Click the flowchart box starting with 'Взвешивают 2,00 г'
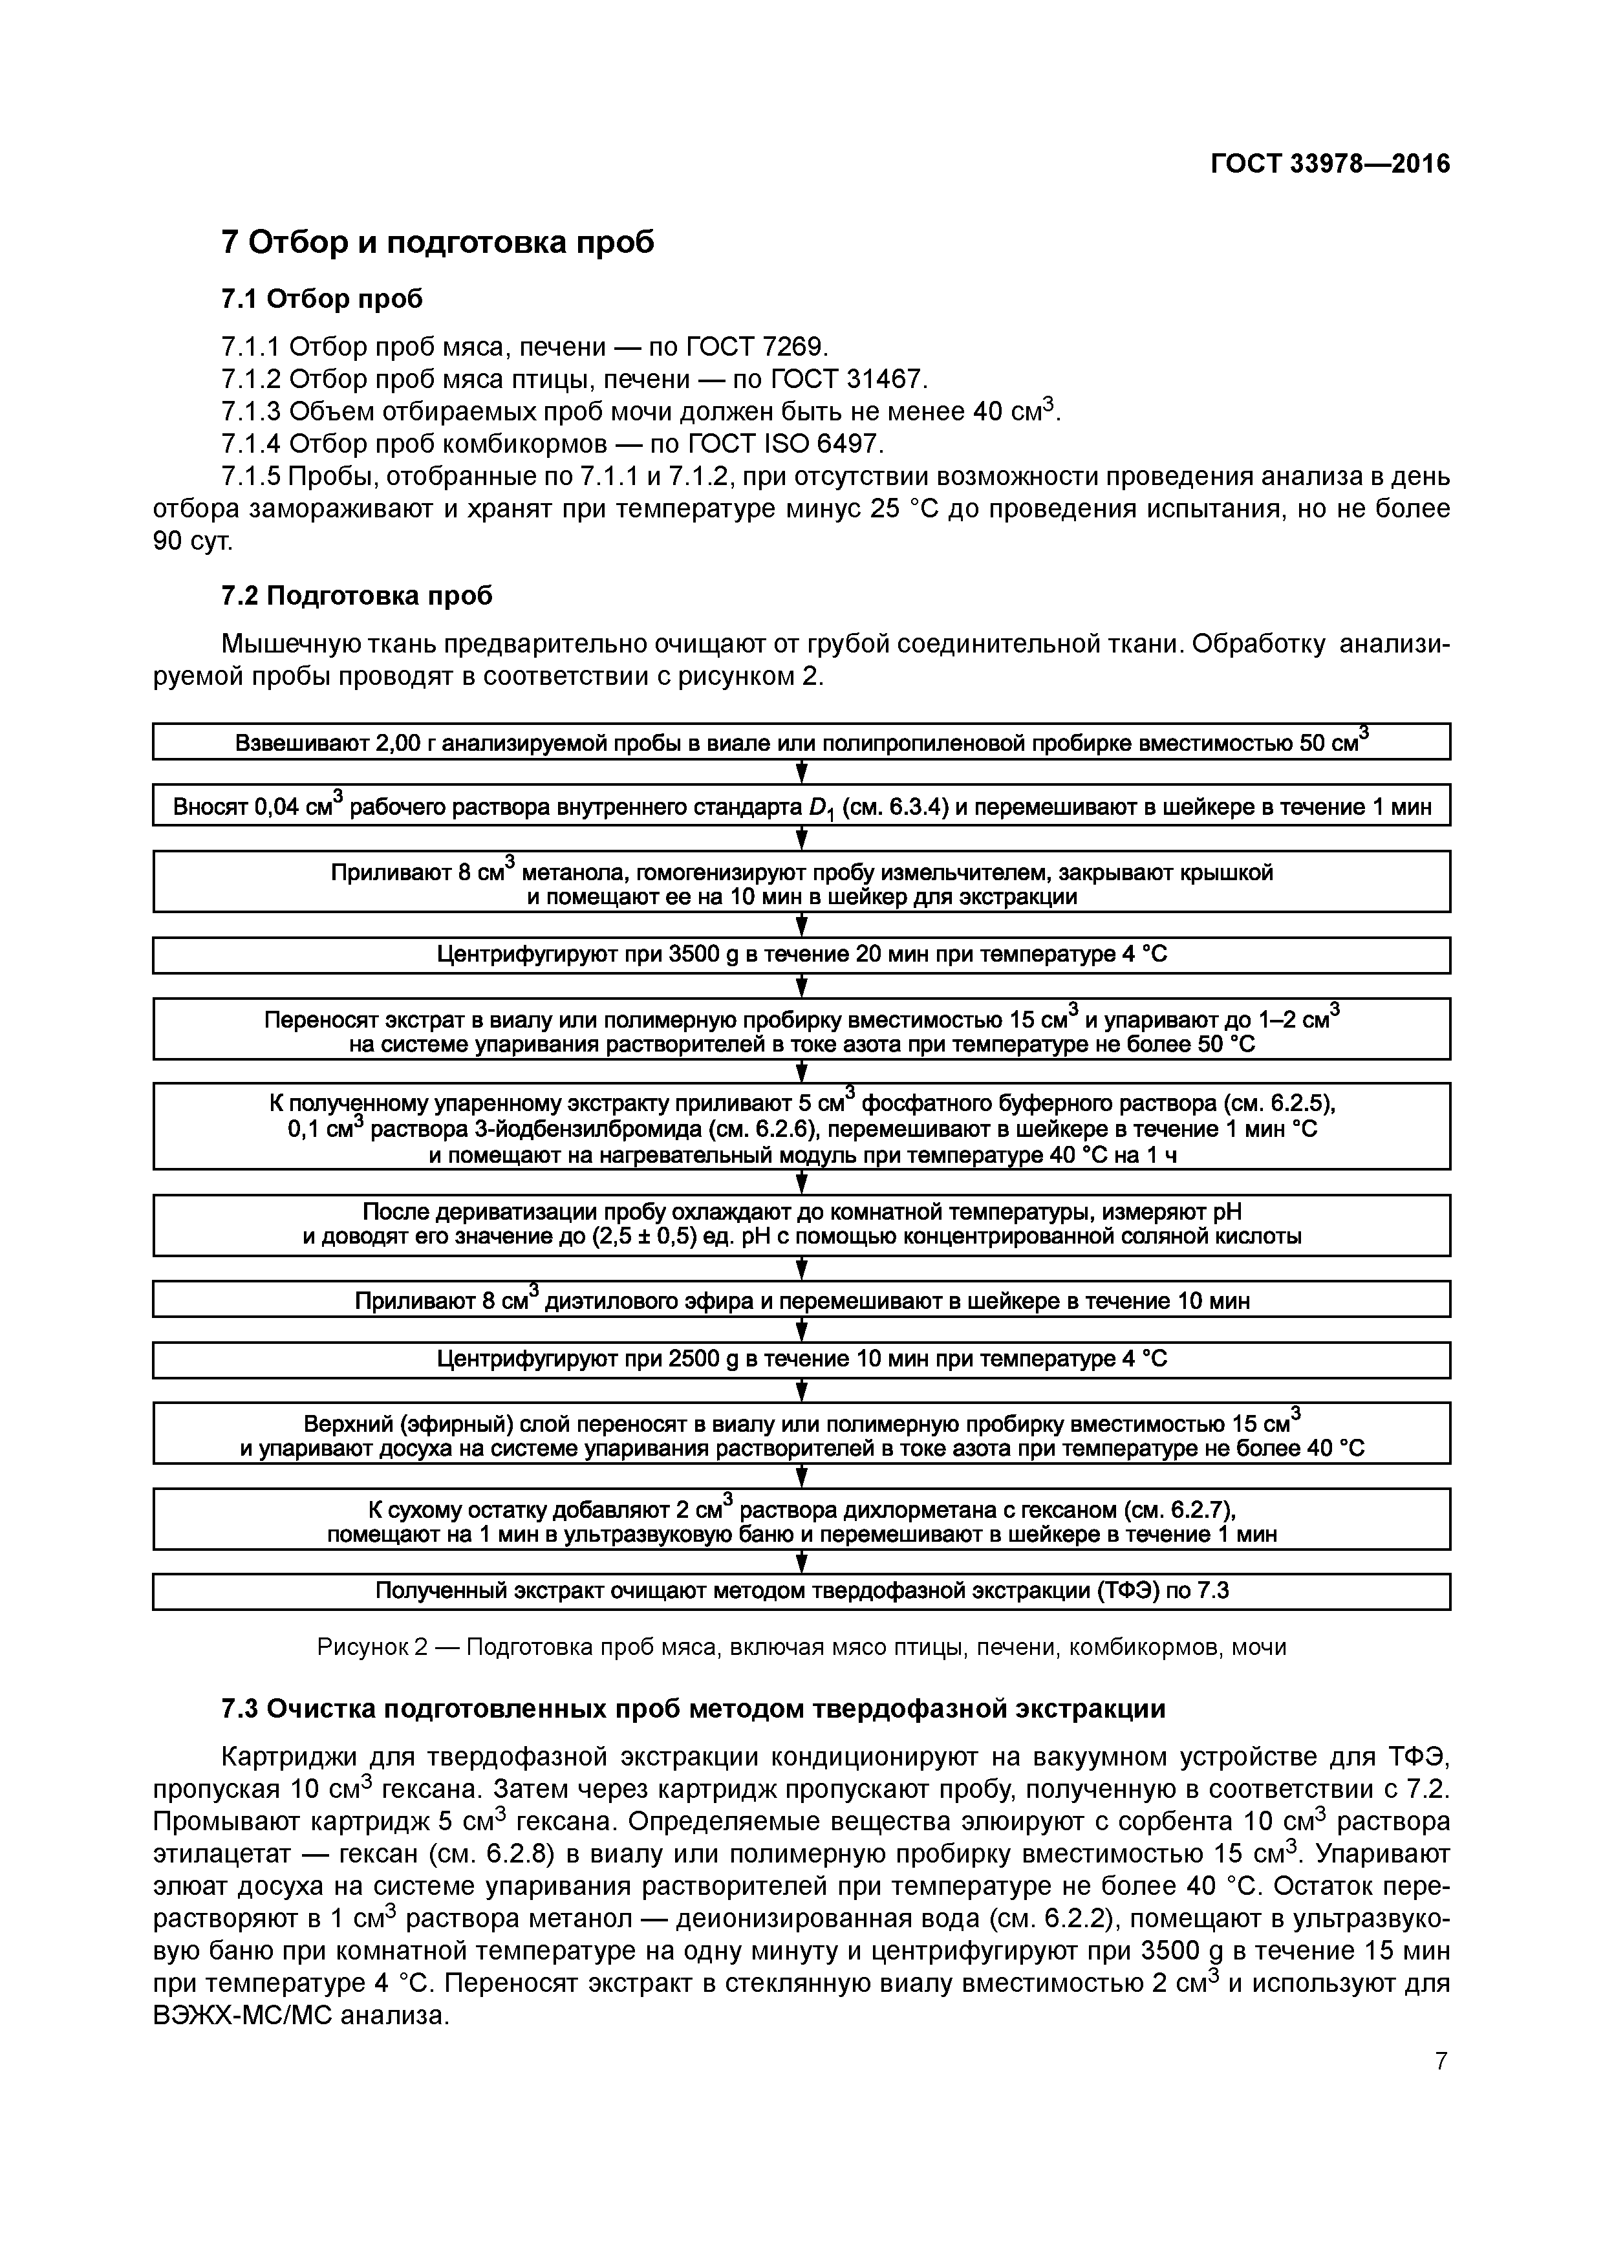(x=801, y=742)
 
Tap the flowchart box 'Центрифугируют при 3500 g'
(x=801, y=955)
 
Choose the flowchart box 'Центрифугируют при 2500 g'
(x=801, y=1360)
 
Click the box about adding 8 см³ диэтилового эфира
(x=801, y=1300)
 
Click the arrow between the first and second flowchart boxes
(x=802, y=772)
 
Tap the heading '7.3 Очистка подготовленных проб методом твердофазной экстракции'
(x=693, y=1708)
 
